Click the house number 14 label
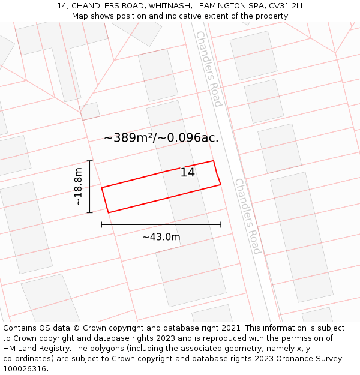tap(188, 173)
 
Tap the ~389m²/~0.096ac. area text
tap(161, 138)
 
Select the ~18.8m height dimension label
tap(78, 187)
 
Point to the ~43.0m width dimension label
tap(161, 237)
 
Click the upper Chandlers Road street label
tap(209, 68)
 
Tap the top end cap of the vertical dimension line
tap(89, 161)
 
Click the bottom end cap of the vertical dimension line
tap(89, 212)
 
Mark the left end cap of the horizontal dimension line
tap(102, 224)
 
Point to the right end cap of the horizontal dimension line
tap(221, 224)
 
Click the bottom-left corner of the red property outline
tap(109, 212)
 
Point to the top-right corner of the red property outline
tap(214, 161)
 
